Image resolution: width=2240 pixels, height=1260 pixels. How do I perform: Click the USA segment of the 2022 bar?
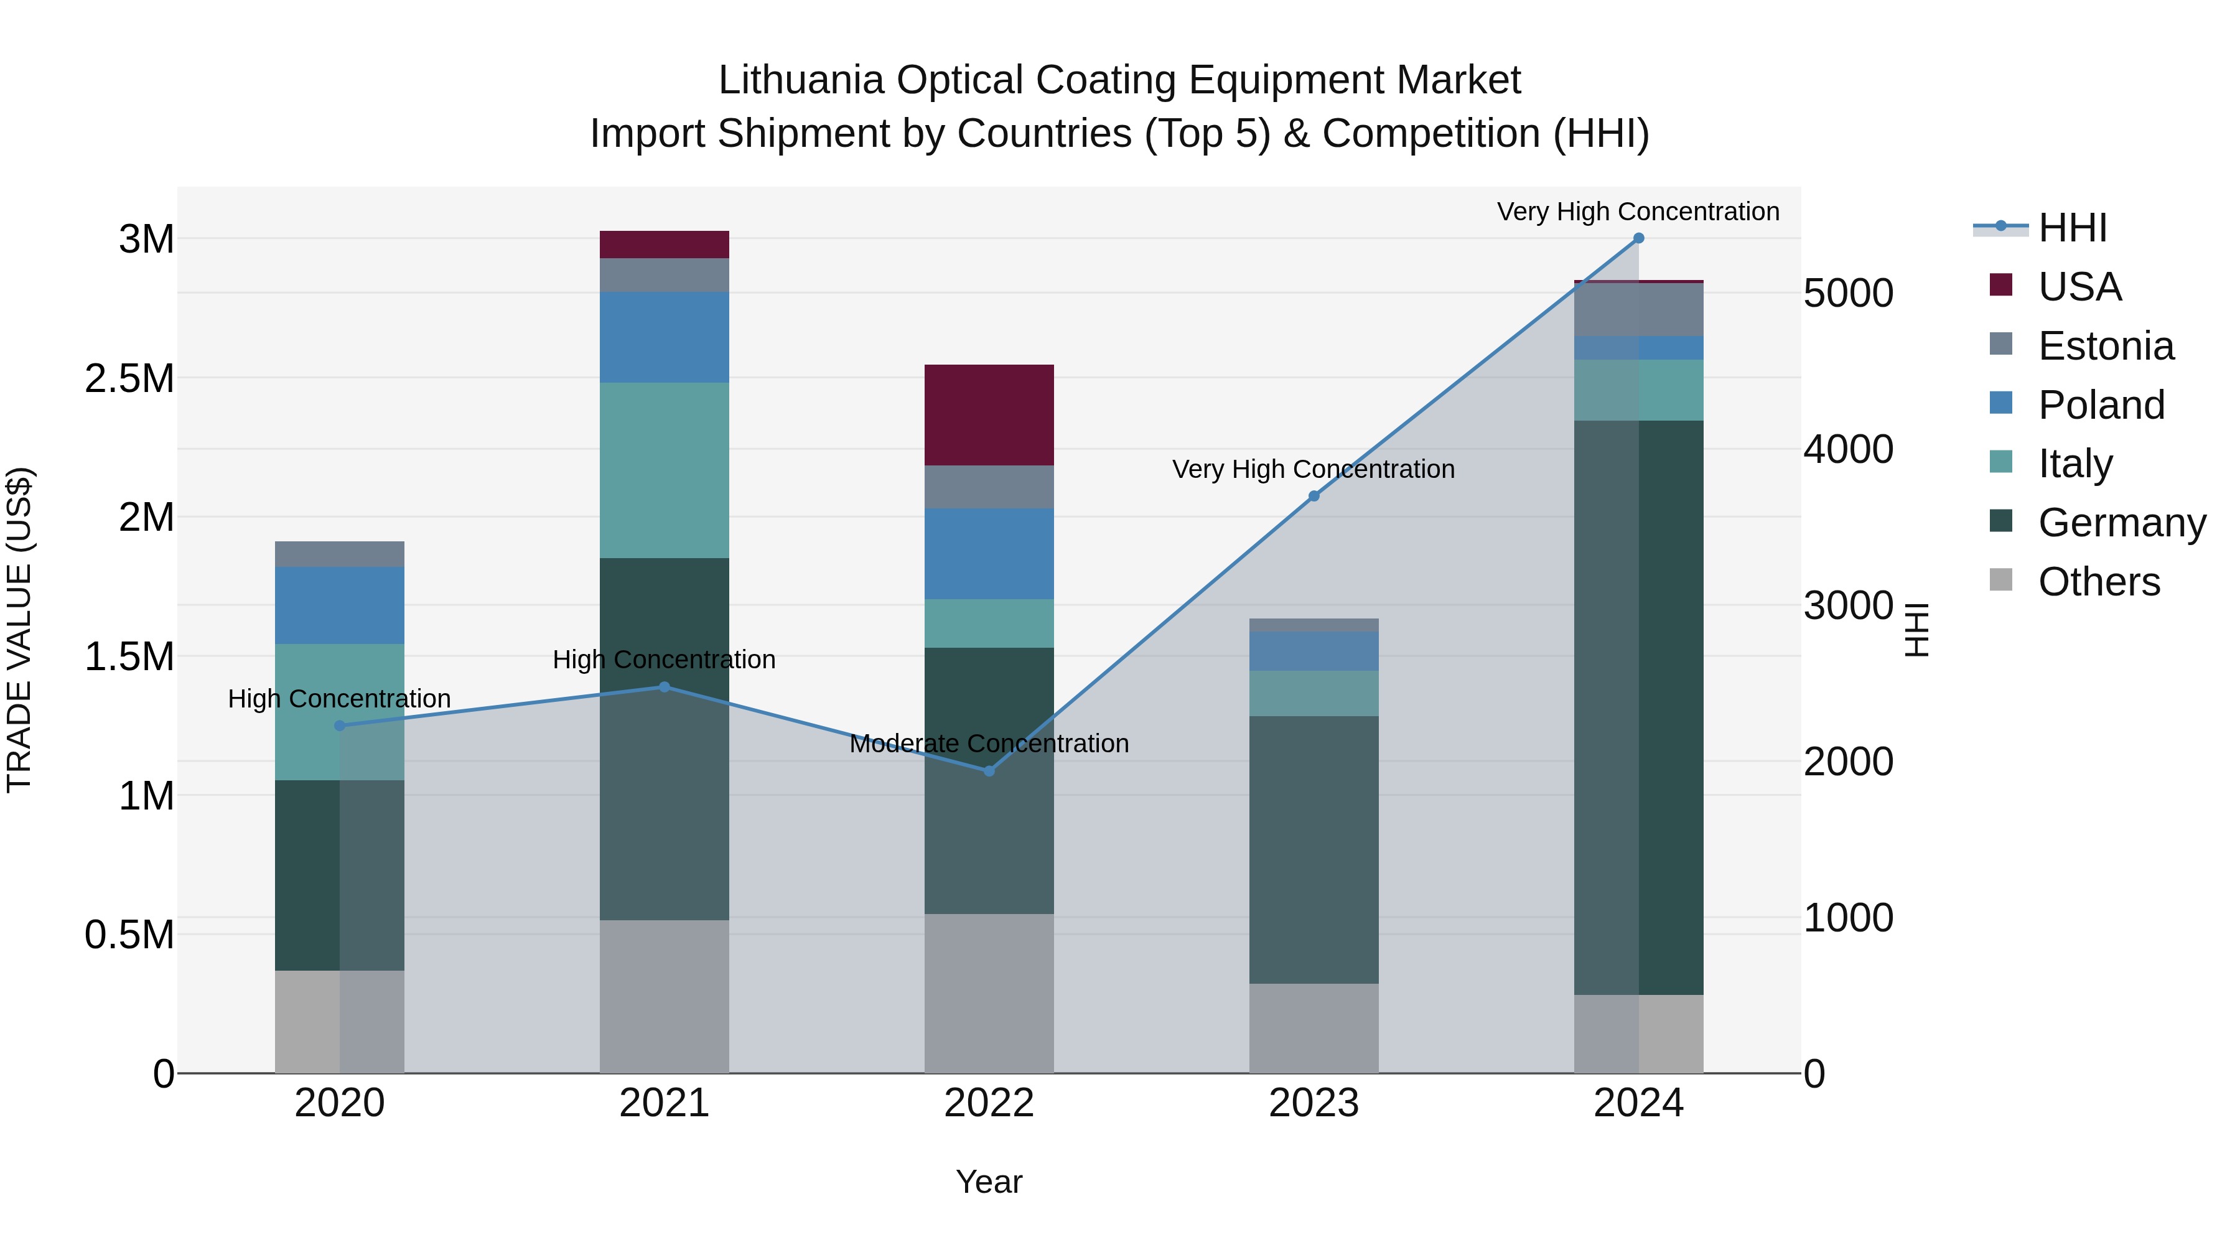[x=989, y=415]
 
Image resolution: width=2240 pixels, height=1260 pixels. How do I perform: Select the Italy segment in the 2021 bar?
[x=665, y=470]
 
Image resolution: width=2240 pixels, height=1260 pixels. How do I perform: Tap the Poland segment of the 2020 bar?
[x=339, y=605]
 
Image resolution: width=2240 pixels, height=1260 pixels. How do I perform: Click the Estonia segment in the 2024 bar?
[x=1638, y=310]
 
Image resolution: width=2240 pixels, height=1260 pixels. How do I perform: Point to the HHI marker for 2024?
[x=1638, y=238]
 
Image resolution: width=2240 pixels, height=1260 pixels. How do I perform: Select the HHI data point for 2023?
[x=1314, y=496]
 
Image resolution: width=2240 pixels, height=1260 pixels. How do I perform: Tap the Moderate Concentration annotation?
[x=989, y=744]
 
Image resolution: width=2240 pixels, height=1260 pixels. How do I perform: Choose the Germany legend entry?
[x=2121, y=523]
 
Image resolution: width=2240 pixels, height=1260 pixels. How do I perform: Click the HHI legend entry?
[x=2072, y=228]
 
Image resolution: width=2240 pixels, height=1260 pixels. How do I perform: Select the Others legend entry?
[x=2098, y=582]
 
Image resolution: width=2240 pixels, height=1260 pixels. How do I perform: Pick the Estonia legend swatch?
[x=2000, y=344]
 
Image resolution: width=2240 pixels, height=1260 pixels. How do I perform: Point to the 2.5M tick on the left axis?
[x=129, y=378]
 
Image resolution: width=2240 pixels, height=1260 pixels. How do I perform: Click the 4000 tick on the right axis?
[x=1848, y=450]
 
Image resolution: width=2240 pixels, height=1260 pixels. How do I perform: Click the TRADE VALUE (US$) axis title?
[x=19, y=630]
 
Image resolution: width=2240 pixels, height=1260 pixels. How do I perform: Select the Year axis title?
[x=989, y=1182]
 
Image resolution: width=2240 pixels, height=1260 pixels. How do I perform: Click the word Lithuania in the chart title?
[x=801, y=80]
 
